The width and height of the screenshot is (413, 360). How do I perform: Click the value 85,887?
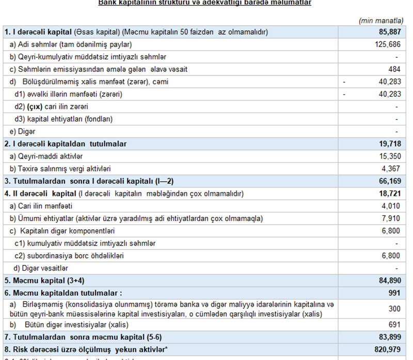(389, 32)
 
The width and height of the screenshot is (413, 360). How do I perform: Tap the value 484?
(394, 69)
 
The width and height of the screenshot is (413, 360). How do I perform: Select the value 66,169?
(389, 181)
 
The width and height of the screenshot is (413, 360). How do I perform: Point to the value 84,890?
(389, 281)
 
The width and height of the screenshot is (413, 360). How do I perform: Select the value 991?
(394, 293)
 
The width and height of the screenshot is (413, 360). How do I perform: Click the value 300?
(394, 309)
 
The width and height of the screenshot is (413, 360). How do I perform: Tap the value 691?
(394, 325)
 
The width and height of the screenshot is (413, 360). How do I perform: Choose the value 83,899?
(389, 337)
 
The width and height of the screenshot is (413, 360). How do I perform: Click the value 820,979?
(387, 350)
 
